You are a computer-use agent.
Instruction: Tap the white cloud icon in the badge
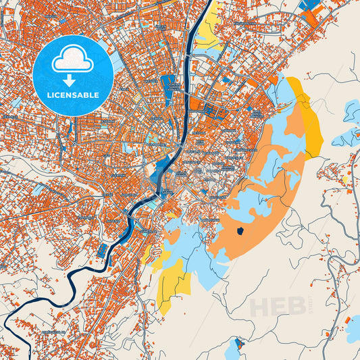click(x=73, y=59)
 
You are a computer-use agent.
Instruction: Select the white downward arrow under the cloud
click(x=73, y=80)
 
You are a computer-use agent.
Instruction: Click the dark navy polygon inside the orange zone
click(x=241, y=232)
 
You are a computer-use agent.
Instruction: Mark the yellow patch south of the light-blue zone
click(x=171, y=284)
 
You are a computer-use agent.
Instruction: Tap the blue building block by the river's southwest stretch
click(x=102, y=251)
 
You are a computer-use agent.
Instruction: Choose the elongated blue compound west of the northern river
click(x=168, y=86)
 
